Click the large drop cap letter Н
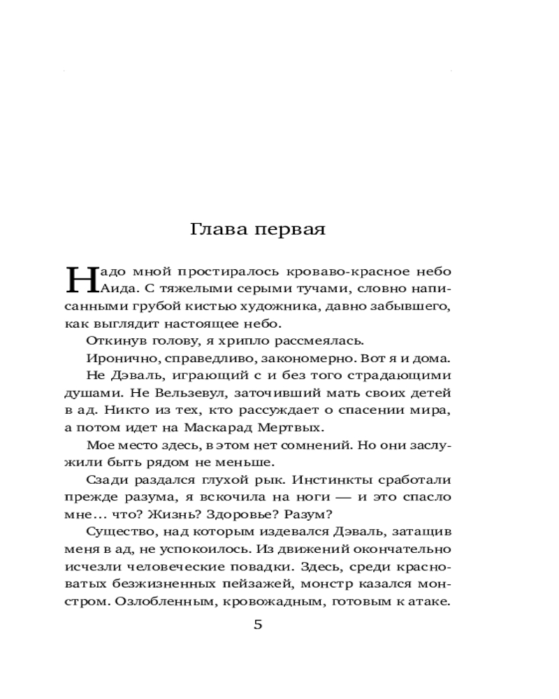pos(77,279)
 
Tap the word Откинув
pos(115,340)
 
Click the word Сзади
pos(106,479)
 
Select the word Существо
pos(118,531)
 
